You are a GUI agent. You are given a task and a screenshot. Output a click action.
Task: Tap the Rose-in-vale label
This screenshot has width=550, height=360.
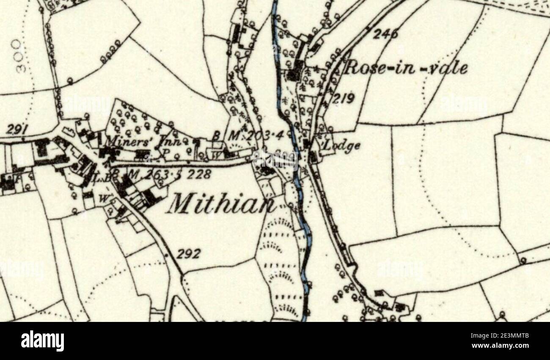click(405, 68)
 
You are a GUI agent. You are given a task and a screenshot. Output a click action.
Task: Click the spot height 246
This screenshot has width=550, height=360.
click(385, 35)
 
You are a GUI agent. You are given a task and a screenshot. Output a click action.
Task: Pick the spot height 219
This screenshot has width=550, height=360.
click(343, 99)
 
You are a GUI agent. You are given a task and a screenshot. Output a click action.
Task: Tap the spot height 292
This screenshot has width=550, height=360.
click(189, 254)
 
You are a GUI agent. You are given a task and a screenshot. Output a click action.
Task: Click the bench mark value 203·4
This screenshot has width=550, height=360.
click(268, 136)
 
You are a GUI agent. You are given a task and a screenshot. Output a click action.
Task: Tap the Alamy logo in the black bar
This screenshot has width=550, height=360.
click(42, 341)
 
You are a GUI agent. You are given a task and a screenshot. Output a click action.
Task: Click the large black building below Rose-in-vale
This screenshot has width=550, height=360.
click(293, 74)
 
